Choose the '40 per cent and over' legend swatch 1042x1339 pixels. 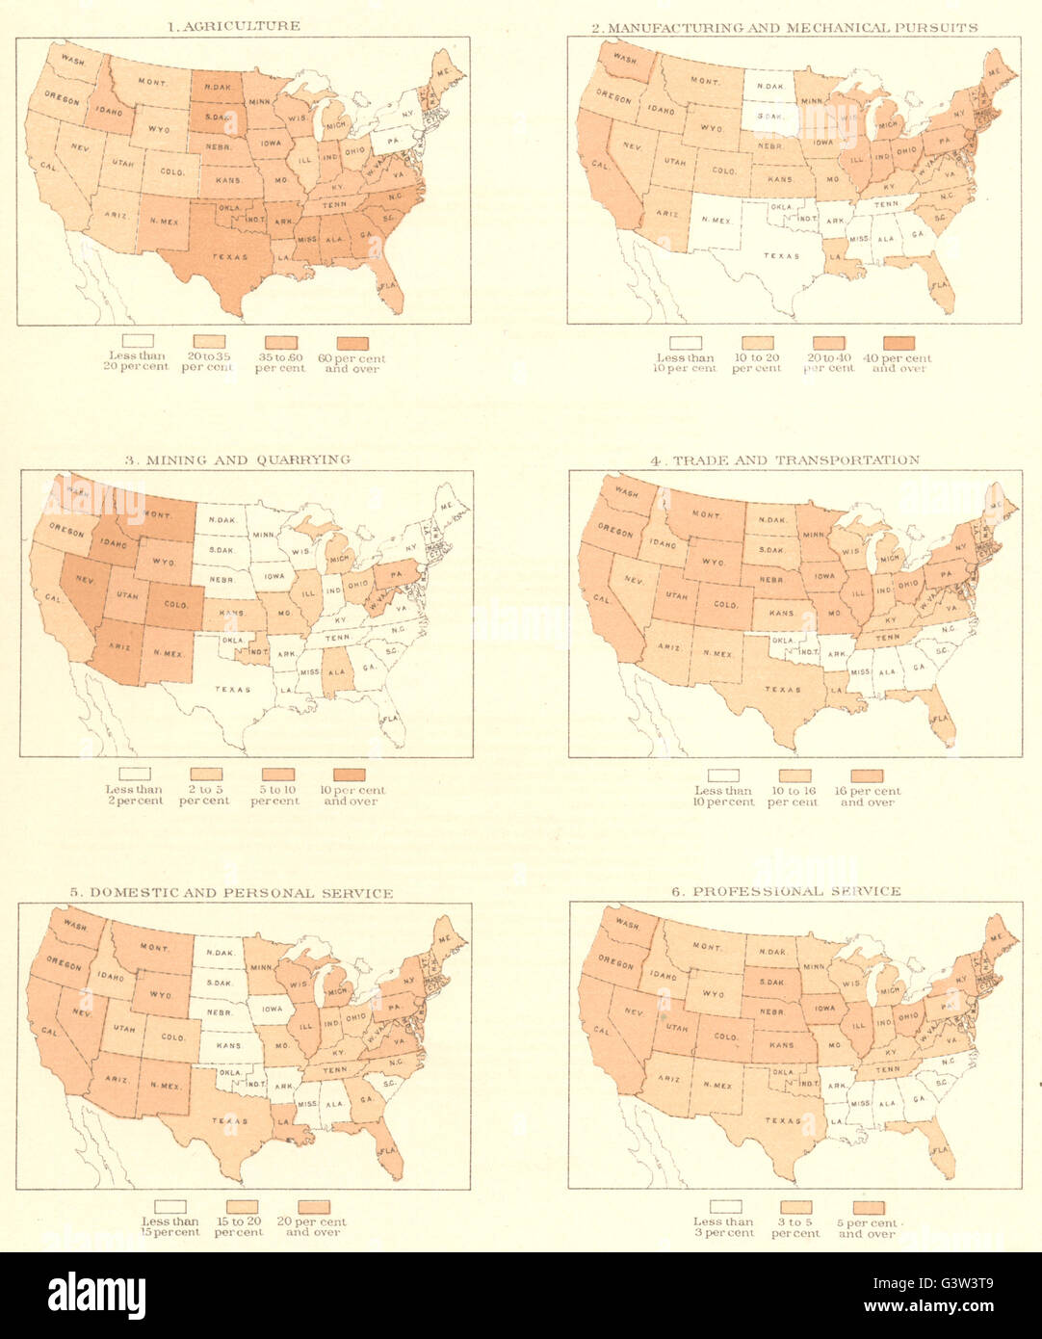tap(899, 343)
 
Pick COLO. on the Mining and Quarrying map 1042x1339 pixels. tap(174, 606)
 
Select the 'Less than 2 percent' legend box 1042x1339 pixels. tap(135, 774)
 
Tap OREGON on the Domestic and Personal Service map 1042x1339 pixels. tap(65, 962)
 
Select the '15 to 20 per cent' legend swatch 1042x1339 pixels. tap(241, 1207)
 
